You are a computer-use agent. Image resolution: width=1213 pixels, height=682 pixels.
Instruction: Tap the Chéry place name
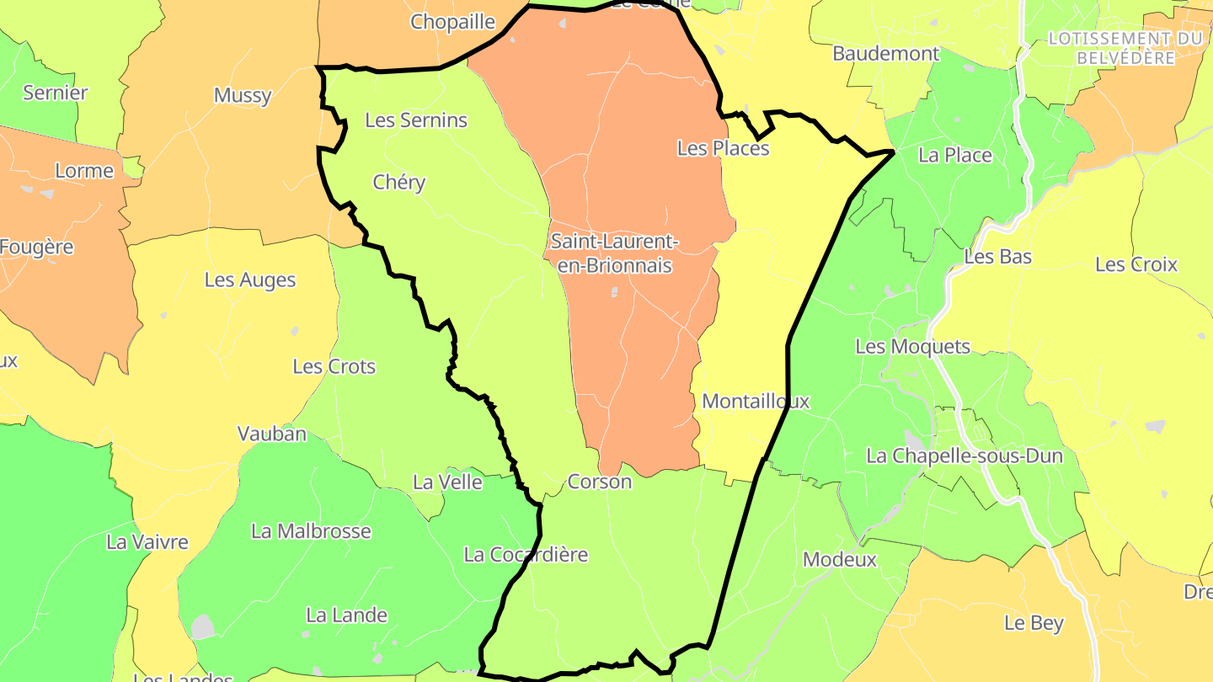(399, 183)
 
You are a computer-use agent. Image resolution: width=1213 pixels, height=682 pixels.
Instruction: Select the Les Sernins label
(416, 120)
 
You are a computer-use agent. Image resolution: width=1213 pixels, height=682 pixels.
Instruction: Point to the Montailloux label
(756, 402)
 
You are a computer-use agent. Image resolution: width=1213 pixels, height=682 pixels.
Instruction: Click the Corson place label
(600, 482)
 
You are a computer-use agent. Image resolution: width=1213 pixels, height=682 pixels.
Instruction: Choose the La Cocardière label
(526, 555)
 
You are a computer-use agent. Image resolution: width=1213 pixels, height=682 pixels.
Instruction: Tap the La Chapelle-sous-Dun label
(965, 456)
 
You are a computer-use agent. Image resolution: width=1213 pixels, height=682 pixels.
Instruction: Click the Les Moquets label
(912, 347)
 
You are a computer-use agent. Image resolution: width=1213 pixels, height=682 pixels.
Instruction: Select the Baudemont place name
(885, 54)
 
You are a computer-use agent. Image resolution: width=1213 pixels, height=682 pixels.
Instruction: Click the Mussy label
(243, 95)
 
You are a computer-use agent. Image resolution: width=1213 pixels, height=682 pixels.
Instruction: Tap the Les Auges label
(250, 280)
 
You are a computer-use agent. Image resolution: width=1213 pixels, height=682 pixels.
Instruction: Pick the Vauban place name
(272, 434)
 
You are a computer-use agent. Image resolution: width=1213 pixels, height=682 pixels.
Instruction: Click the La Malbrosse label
(311, 531)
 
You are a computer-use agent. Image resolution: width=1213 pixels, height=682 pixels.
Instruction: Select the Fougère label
(36, 248)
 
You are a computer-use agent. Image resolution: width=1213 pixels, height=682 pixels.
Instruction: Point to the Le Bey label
(1034, 623)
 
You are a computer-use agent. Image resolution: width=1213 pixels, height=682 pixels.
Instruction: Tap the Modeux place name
(840, 559)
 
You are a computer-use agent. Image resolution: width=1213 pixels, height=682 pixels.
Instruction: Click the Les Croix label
(1136, 264)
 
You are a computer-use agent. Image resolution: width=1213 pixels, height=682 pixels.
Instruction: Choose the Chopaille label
(452, 23)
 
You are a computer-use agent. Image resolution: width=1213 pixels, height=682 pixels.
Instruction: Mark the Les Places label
(723, 148)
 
